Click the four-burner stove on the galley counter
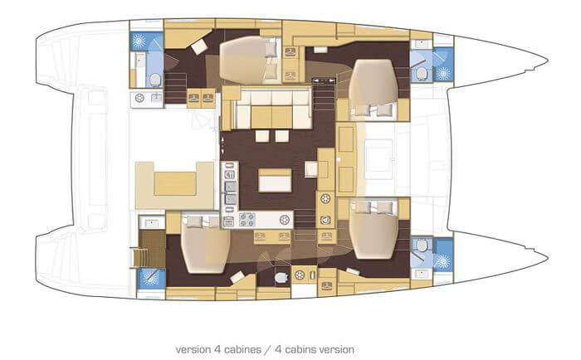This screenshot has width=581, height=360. (x=247, y=219)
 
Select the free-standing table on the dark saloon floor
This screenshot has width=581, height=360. (x=275, y=180)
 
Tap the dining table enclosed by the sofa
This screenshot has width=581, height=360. (x=271, y=117)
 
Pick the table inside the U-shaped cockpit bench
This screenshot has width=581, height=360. (x=175, y=183)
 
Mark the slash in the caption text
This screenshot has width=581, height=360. (x=268, y=349)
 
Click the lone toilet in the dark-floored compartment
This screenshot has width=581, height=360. (x=281, y=277)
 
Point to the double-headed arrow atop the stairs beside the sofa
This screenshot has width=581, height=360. (x=322, y=80)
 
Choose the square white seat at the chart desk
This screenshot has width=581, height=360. (x=311, y=169)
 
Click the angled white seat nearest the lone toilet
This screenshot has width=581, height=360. (x=237, y=277)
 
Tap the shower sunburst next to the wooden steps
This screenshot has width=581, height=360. (x=151, y=278)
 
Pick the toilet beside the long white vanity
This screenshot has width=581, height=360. (x=155, y=80)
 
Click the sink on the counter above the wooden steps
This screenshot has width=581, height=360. (x=152, y=223)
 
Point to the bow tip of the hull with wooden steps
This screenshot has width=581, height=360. (x=549, y=256)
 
